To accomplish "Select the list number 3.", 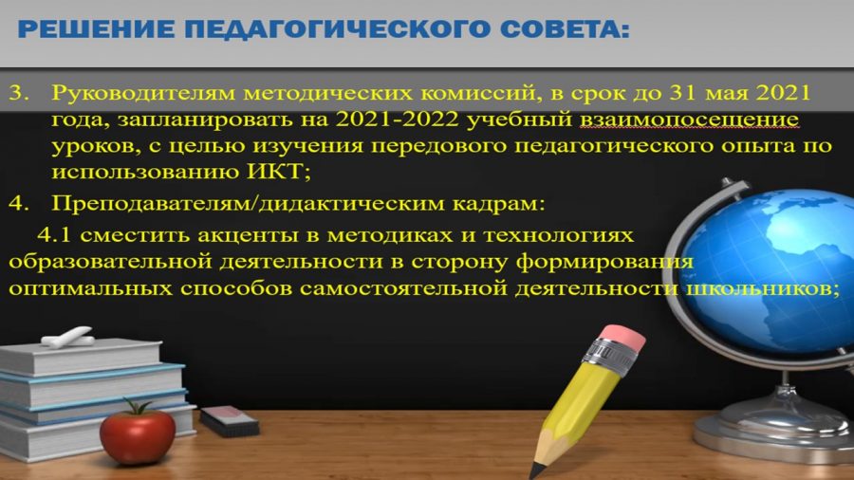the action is click(19, 93).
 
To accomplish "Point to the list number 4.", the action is click(19, 204).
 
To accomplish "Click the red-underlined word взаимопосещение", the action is click(689, 120).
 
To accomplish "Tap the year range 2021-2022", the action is click(397, 120).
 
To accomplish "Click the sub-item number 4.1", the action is click(54, 235).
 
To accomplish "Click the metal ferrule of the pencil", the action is click(608, 357).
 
